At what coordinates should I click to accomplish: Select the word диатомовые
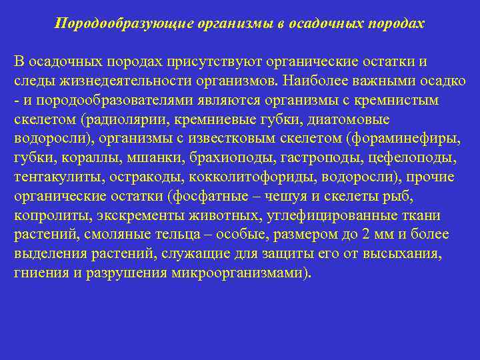tap(353, 119)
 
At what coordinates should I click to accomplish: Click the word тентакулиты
tap(55, 177)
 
